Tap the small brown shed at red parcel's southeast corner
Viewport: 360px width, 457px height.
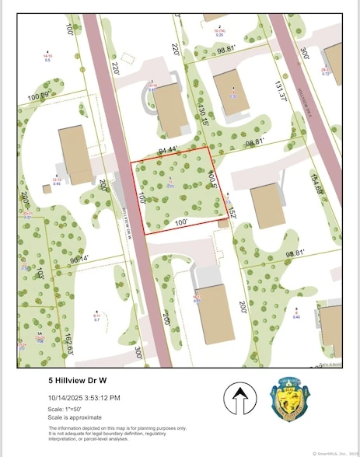[x=224, y=222]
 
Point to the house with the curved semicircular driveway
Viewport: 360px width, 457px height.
[x=171, y=108]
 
